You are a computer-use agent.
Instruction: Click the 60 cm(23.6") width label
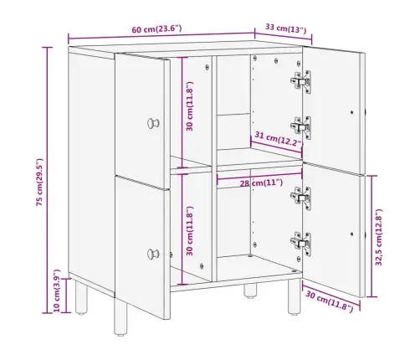coord(156,28)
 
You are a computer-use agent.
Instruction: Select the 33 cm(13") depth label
coord(285,28)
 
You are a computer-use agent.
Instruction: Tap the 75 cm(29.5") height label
coord(40,182)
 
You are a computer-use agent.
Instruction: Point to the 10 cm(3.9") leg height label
coord(57,291)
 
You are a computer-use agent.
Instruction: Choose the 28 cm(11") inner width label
coord(261,183)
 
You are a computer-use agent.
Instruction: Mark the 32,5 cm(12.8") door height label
coord(379,237)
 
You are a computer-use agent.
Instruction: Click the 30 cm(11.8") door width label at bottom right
coord(330,301)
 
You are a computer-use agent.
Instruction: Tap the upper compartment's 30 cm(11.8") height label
coord(190,106)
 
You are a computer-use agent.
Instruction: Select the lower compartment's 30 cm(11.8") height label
coord(190,231)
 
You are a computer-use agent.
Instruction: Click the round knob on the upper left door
coord(153,123)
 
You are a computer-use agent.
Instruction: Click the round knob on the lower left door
coord(153,254)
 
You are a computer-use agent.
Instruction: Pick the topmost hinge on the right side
coord(301,81)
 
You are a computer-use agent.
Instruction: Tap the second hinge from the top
coord(301,127)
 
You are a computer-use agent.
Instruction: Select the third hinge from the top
coord(301,198)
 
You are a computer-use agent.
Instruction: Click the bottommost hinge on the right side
coord(301,244)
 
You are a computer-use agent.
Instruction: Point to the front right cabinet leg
coord(295,296)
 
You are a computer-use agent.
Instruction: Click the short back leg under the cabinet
coord(250,291)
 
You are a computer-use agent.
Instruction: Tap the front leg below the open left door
coord(120,316)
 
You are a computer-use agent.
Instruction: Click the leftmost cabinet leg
coord(81,297)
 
